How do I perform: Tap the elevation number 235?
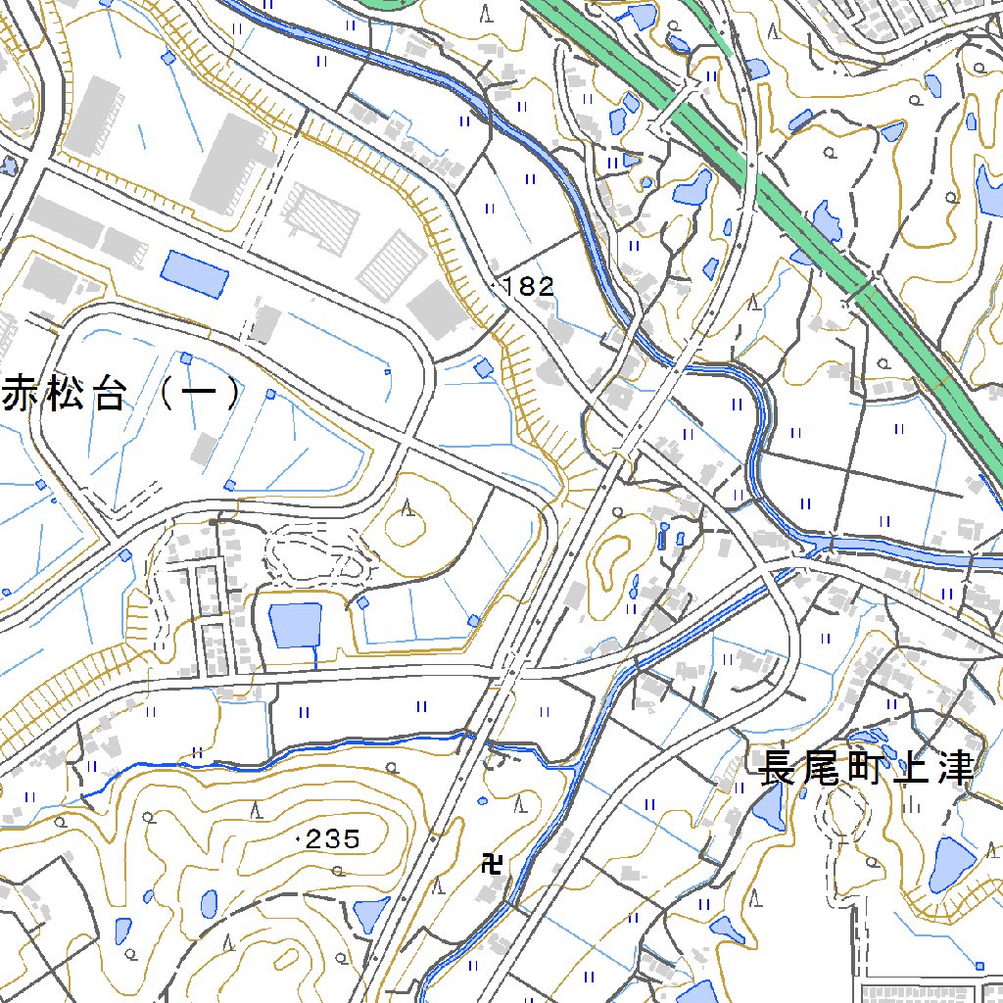[x=334, y=839]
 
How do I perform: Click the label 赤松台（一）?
[x=121, y=393]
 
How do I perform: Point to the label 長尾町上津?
[x=867, y=769]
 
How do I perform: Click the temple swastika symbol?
[x=493, y=863]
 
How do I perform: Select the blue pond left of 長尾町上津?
[x=768, y=809]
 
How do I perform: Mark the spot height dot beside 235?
[x=298, y=839]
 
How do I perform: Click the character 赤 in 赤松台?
[x=22, y=393]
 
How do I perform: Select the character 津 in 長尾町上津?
[x=955, y=769]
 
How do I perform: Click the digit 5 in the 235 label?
[x=351, y=839]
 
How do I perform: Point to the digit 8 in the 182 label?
[x=531, y=287]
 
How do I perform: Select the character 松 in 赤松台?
[x=65, y=393]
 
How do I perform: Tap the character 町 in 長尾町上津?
[x=867, y=769]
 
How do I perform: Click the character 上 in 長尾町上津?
[x=911, y=769]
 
